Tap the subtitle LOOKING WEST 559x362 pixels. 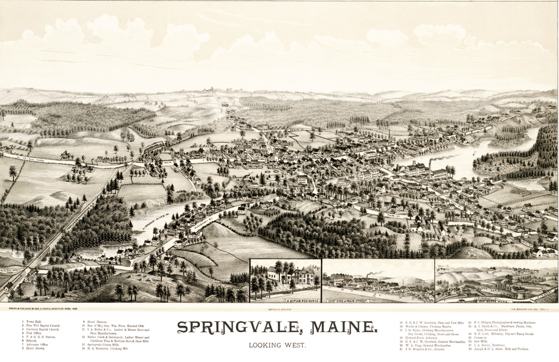(x=277, y=346)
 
